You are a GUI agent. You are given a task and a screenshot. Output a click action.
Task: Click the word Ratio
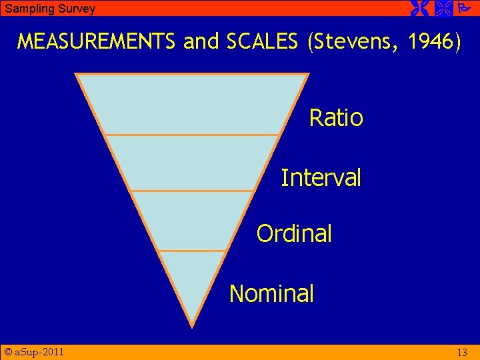[336, 118]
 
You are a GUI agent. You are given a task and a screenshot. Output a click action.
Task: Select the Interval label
[321, 178]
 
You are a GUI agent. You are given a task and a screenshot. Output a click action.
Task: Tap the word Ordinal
[294, 234]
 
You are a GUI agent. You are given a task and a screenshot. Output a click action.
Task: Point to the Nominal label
[271, 293]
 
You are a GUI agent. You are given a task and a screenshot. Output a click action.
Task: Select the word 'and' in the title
[201, 41]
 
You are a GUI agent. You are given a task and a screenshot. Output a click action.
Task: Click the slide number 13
[462, 352]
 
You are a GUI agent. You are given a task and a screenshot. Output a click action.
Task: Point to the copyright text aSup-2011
[34, 351]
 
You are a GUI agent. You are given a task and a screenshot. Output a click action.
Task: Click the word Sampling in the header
[27, 9]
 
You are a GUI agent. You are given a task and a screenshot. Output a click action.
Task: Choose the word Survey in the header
[75, 9]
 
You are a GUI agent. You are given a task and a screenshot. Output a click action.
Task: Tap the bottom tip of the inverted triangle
[192, 326]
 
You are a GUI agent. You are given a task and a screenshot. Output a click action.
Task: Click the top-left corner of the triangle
[77, 73]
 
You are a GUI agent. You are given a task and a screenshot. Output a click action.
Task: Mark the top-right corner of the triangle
[308, 73]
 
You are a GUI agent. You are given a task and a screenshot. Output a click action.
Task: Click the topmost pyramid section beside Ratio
[192, 104]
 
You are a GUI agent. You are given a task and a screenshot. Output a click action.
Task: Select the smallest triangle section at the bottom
[192, 283]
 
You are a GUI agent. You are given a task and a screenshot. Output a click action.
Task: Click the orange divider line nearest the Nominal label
[192, 251]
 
